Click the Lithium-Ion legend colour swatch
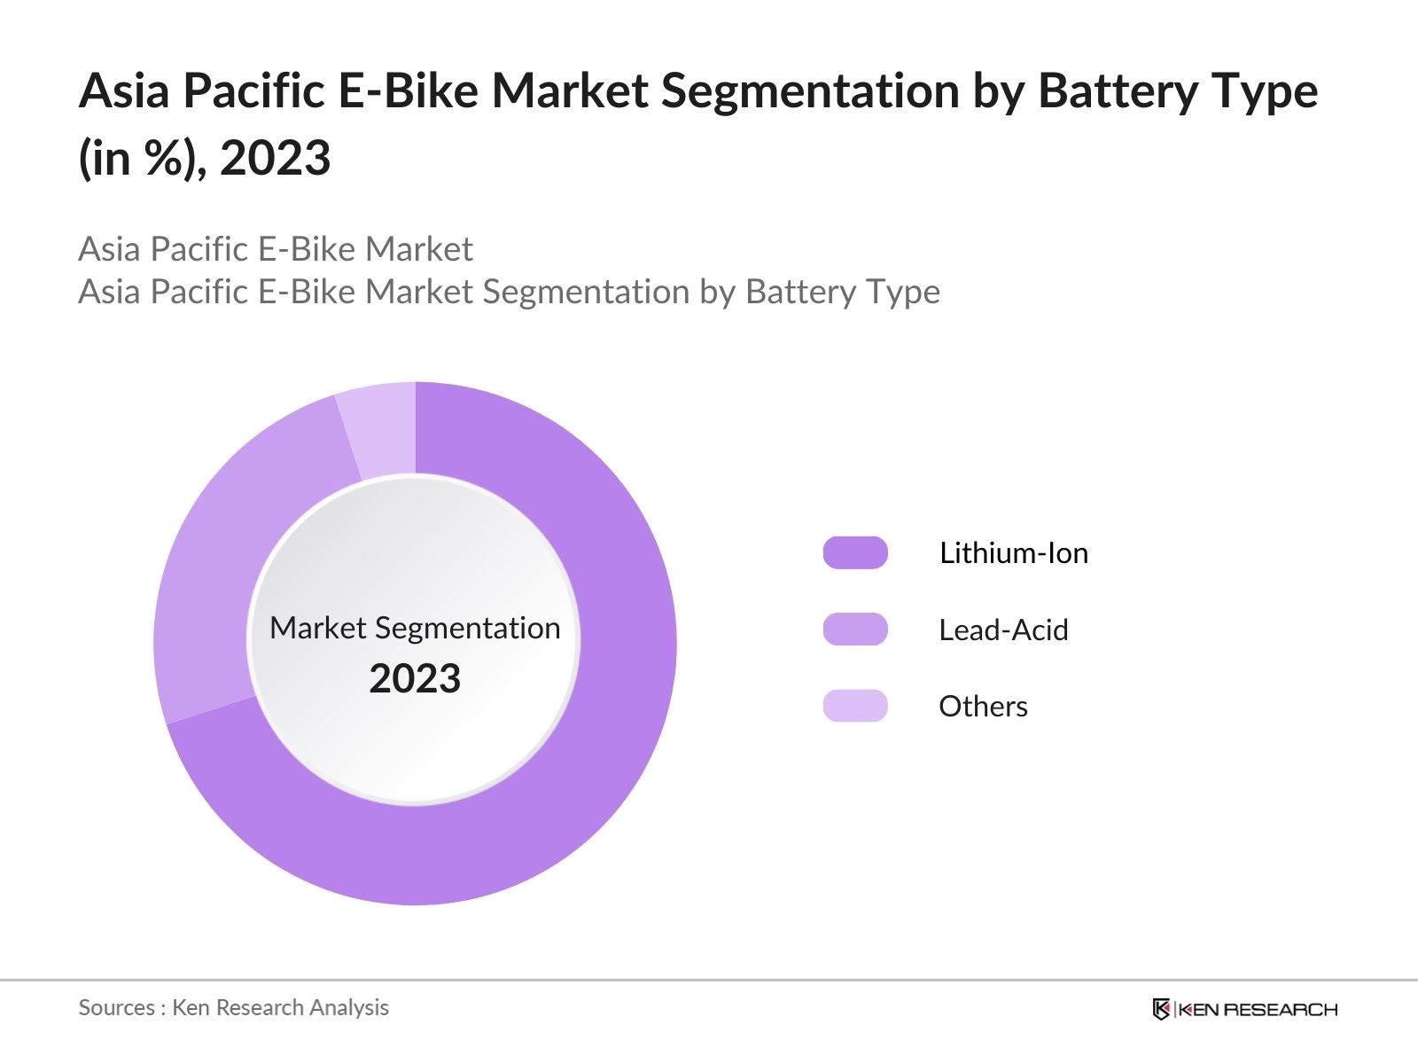tap(855, 552)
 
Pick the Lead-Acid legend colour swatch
tap(855, 630)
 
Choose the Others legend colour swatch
tap(855, 706)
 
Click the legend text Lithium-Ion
tap(1013, 553)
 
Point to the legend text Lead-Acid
tap(1003, 630)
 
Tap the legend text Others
tap(983, 707)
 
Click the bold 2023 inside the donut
tap(415, 679)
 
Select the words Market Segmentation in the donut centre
tap(415, 628)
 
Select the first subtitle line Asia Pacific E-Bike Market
tap(275, 249)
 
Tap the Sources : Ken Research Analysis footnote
tap(233, 1007)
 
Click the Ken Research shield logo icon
tap(1161, 1009)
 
